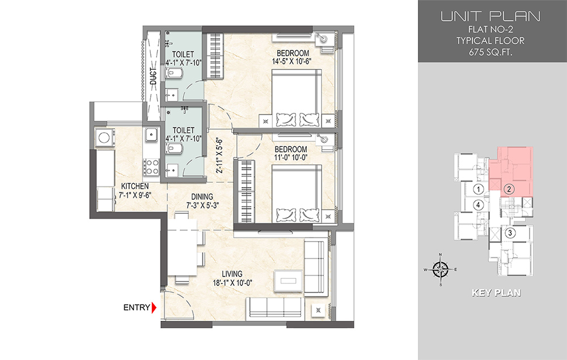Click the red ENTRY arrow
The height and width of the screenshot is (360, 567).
[x=154, y=308]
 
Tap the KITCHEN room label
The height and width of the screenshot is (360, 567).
[x=135, y=187]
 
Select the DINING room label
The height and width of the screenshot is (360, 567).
[x=202, y=197]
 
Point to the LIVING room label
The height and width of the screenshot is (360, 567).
[x=232, y=274]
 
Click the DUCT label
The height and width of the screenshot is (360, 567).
[x=154, y=77]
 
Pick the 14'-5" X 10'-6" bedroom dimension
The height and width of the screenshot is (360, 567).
[x=292, y=61]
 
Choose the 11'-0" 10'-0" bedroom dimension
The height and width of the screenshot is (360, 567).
[x=291, y=158]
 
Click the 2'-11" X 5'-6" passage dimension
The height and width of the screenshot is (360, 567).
[x=219, y=156]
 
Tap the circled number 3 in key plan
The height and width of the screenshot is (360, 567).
[x=510, y=233]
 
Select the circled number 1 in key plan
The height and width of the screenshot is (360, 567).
[x=479, y=189]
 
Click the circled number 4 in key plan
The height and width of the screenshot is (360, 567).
[x=479, y=205]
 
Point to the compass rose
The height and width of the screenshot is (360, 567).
[x=440, y=270]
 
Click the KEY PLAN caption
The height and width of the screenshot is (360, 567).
[x=497, y=293]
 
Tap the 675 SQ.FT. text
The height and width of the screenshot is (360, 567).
[x=490, y=52]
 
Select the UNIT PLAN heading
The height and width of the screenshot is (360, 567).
[x=490, y=16]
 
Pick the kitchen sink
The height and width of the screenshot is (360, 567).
[x=151, y=134]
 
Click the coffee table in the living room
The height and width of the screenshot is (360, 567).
[x=289, y=281]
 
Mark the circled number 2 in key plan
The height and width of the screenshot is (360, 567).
[x=509, y=189]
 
